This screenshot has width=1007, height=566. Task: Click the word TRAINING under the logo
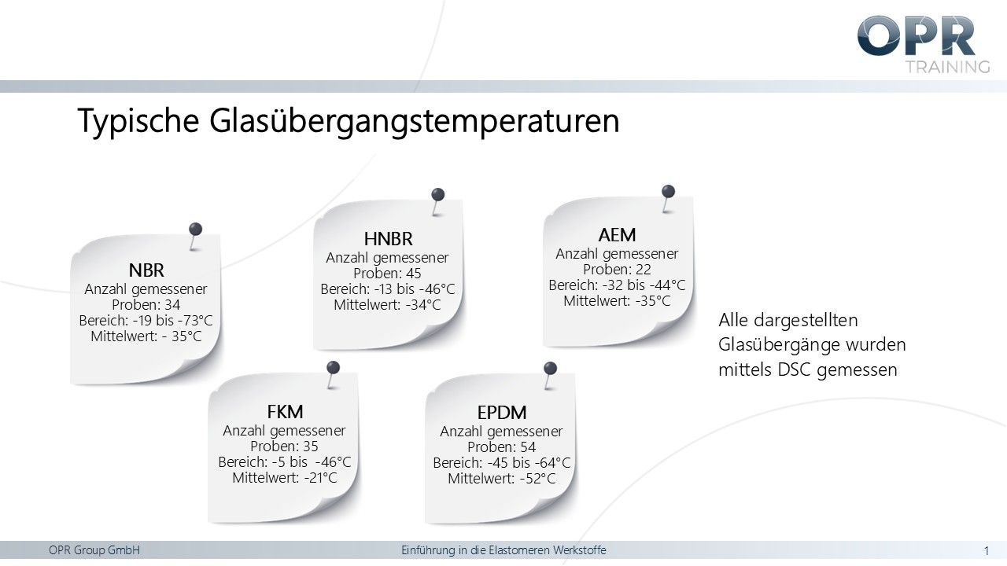(x=947, y=66)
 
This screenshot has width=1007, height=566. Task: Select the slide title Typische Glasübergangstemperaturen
(x=349, y=121)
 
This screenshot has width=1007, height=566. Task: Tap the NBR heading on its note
(x=146, y=271)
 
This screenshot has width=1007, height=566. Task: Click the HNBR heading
(x=388, y=239)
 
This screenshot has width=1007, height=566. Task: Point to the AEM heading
(x=617, y=235)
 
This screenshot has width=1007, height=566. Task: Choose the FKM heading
(x=285, y=412)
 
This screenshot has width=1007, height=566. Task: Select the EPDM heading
(x=502, y=413)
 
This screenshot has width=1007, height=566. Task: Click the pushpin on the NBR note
(x=195, y=230)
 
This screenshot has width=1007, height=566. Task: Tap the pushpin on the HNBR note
(x=438, y=195)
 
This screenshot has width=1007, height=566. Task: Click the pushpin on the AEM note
(x=668, y=191)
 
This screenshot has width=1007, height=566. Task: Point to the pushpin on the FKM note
(x=334, y=367)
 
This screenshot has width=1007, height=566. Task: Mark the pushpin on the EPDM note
(x=551, y=368)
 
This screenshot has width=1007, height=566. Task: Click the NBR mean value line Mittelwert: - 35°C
(x=146, y=336)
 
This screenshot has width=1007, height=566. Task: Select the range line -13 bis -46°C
(x=388, y=289)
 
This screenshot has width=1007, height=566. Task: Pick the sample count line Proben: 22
(x=617, y=270)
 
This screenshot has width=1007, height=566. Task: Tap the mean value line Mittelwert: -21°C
(x=285, y=478)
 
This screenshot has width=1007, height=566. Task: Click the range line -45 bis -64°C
(x=502, y=463)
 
